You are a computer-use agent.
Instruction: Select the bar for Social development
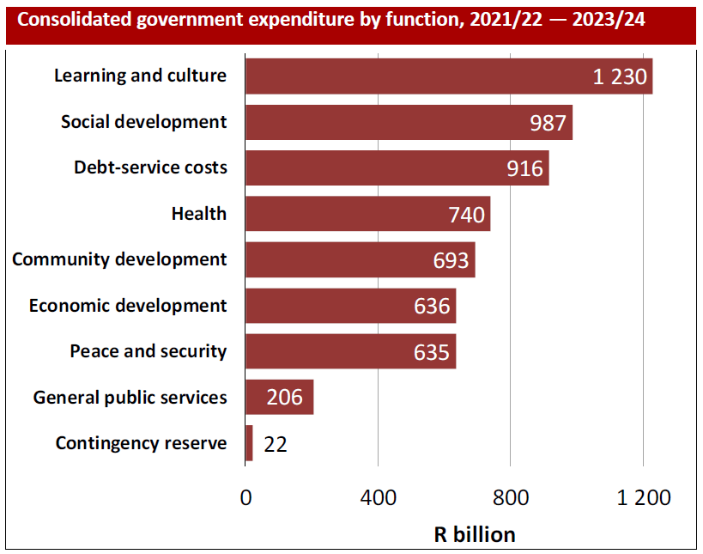(409, 122)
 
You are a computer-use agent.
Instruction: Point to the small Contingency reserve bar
(249, 443)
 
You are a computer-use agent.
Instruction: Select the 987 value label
(548, 123)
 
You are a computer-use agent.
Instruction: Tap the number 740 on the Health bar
(466, 214)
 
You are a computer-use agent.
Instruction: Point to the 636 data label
(432, 306)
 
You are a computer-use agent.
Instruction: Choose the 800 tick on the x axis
(511, 498)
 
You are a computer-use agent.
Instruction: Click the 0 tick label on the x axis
(246, 498)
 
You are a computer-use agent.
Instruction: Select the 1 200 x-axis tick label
(643, 498)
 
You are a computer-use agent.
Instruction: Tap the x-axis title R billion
(475, 534)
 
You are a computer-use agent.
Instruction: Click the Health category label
(199, 214)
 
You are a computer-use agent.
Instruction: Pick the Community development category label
(120, 259)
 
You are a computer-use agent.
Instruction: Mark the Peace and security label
(148, 351)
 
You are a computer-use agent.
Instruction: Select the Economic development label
(128, 306)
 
